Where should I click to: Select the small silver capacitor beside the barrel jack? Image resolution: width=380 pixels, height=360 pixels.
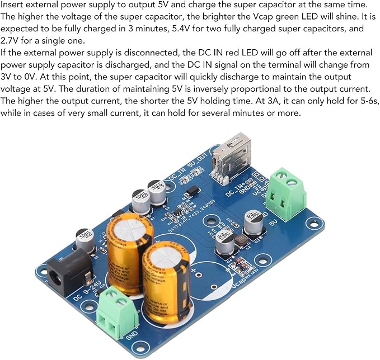pos(85,238)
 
